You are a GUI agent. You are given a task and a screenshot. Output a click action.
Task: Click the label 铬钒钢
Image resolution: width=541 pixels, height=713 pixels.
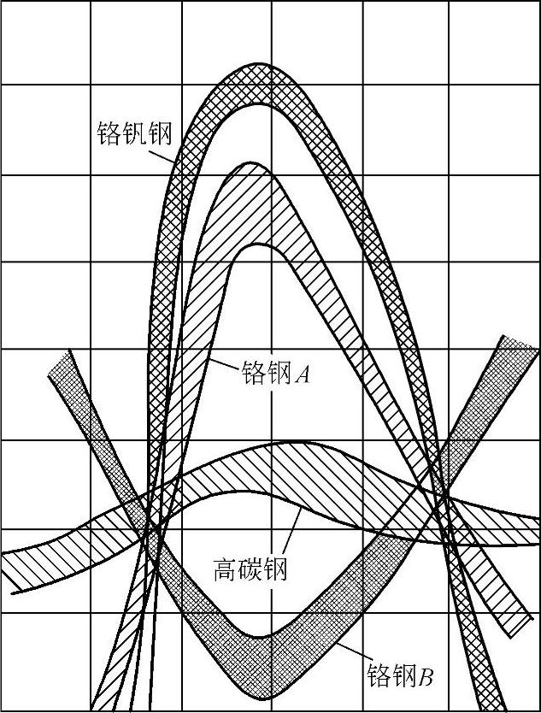click(x=135, y=134)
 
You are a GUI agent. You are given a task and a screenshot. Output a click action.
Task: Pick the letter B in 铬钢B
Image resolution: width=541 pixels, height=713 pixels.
click(x=425, y=677)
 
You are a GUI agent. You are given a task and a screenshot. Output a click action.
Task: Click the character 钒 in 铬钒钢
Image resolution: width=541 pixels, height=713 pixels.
click(x=135, y=134)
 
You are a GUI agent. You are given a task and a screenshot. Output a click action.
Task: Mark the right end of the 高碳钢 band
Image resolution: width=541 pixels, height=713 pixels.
click(x=536, y=530)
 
